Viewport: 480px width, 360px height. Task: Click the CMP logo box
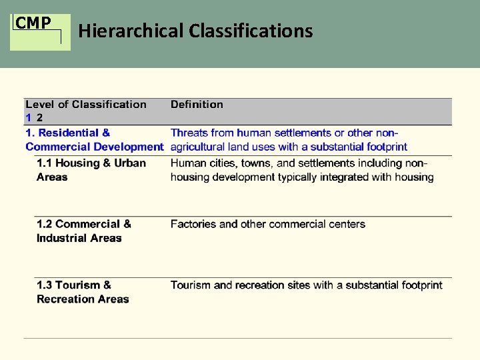(x=39, y=31)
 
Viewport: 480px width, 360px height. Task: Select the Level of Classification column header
(x=85, y=104)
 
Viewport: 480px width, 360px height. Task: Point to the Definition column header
(x=197, y=104)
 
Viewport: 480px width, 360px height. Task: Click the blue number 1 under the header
(x=29, y=117)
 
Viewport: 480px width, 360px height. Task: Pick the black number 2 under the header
(x=39, y=117)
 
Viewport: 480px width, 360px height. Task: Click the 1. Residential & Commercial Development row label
(x=94, y=140)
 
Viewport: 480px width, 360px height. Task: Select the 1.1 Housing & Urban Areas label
(x=91, y=170)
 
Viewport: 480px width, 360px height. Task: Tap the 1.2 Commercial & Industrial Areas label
(x=83, y=231)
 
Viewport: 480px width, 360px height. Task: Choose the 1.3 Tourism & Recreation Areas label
(x=82, y=292)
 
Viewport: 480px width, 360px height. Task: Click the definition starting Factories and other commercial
(x=267, y=224)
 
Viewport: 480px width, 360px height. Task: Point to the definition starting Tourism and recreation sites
(x=306, y=285)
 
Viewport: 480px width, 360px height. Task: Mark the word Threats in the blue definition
(x=189, y=133)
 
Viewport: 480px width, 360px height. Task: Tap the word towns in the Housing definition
(x=256, y=163)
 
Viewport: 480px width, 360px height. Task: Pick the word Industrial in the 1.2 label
(x=62, y=238)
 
